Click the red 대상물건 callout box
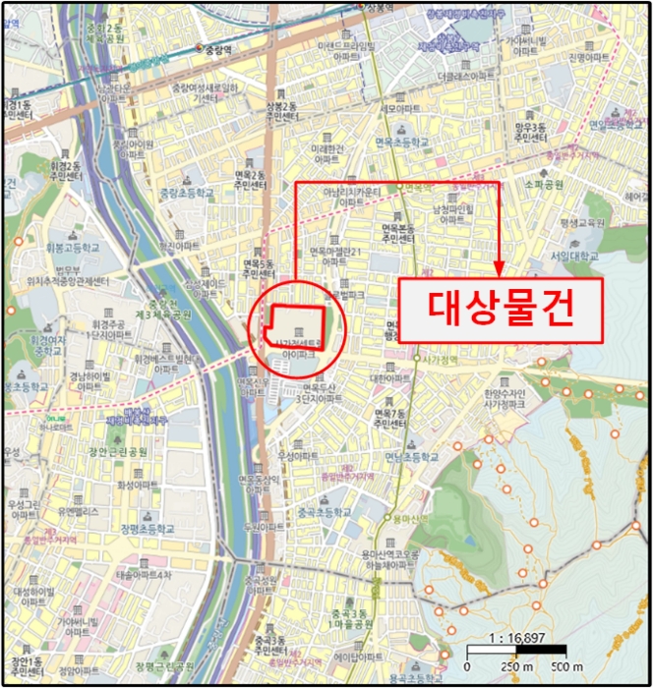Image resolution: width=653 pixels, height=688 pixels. [x=500, y=311]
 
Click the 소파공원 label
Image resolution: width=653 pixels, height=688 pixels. [x=542, y=184]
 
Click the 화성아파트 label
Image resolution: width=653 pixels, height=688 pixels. [x=137, y=486]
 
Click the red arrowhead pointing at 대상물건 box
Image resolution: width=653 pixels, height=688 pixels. [x=500, y=268]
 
